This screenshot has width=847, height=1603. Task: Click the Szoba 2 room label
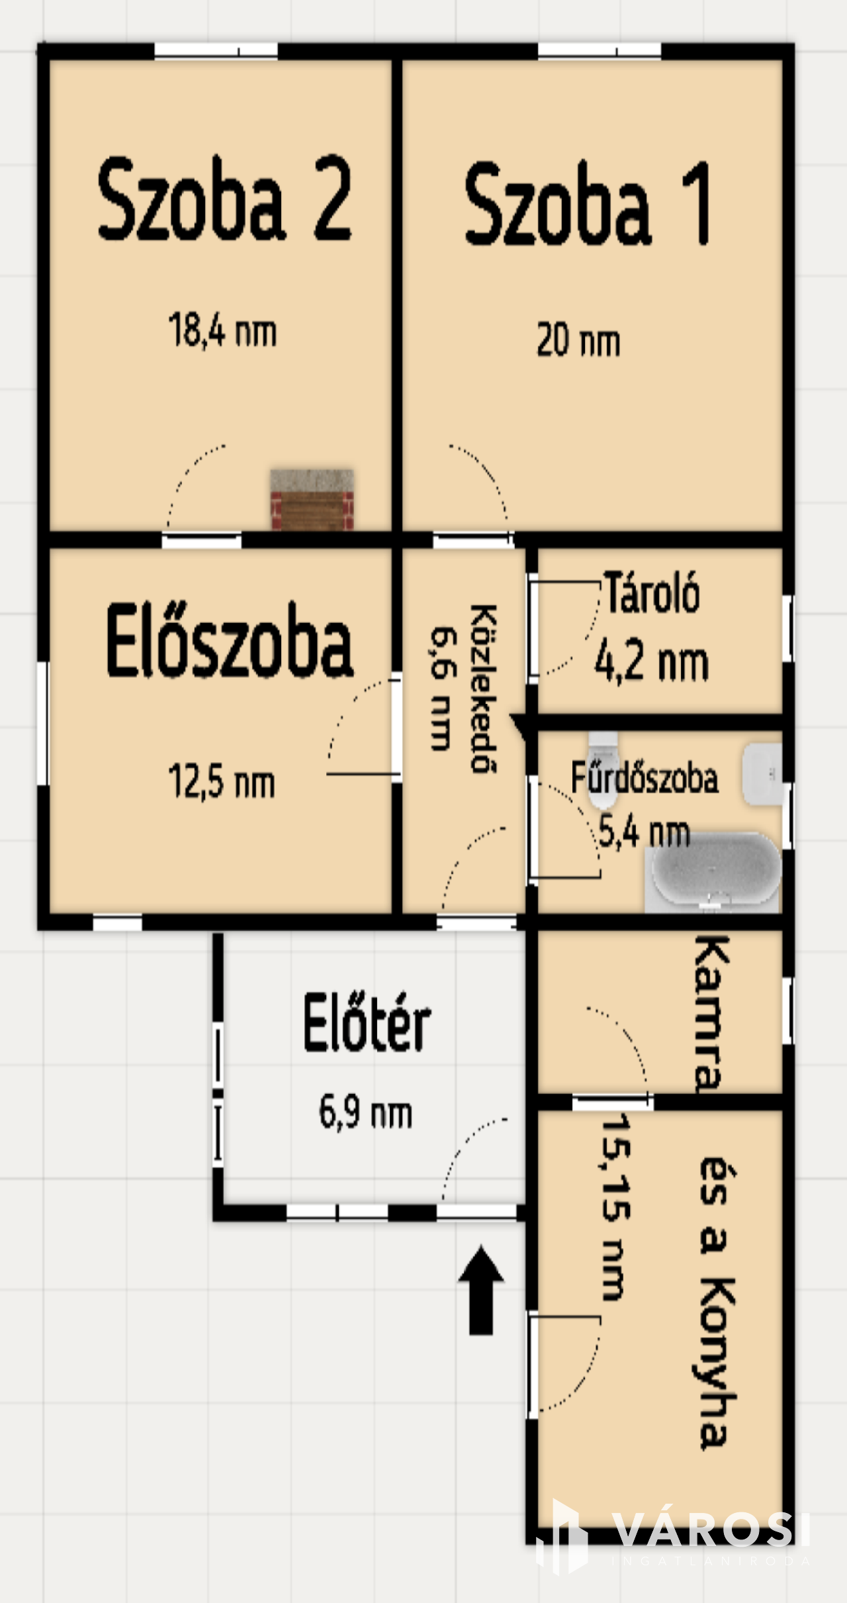pyautogui.click(x=224, y=199)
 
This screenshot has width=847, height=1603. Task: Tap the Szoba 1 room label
pyautogui.click(x=588, y=203)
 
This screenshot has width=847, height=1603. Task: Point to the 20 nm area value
pyautogui.click(x=578, y=340)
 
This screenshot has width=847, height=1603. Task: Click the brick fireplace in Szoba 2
pyautogui.click(x=312, y=499)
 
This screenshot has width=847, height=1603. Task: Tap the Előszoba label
pyautogui.click(x=229, y=640)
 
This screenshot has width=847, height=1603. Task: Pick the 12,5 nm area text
pyautogui.click(x=221, y=781)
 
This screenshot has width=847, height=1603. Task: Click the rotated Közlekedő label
pyautogui.click(x=483, y=689)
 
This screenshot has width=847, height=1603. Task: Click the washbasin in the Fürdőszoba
pyautogui.click(x=762, y=775)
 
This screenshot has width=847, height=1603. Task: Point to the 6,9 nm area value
pyautogui.click(x=365, y=1112)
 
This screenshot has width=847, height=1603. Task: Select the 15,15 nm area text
pyautogui.click(x=615, y=1206)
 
